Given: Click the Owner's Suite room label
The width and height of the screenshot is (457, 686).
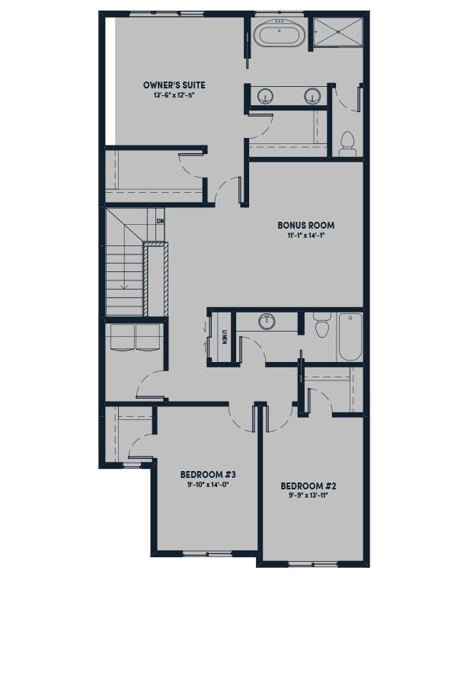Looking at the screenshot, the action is click(174, 85).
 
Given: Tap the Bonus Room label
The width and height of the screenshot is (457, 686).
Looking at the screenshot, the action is click(305, 226).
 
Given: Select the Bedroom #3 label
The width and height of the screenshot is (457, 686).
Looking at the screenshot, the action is click(208, 475).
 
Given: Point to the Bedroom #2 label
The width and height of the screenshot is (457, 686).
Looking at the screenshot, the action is click(308, 486).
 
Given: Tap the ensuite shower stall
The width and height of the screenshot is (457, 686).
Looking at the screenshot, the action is click(338, 30).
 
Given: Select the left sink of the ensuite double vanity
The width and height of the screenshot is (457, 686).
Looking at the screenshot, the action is click(265, 96).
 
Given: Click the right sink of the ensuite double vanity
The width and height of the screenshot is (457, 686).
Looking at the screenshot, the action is click(312, 96).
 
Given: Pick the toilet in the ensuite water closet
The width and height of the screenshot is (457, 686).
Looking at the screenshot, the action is click(348, 144).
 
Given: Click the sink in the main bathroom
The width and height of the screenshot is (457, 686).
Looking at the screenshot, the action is click(267, 322).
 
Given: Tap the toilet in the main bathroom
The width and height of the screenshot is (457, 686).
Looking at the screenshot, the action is click(322, 325).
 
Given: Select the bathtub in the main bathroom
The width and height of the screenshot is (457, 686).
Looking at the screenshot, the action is click(350, 336).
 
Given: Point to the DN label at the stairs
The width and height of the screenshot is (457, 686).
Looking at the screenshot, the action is click(160, 221).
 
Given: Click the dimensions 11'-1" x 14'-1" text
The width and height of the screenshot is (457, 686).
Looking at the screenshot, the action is click(305, 236).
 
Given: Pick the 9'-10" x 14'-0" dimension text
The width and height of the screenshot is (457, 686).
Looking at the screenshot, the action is click(208, 484).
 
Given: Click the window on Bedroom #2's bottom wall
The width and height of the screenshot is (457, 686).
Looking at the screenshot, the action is click(313, 564).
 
